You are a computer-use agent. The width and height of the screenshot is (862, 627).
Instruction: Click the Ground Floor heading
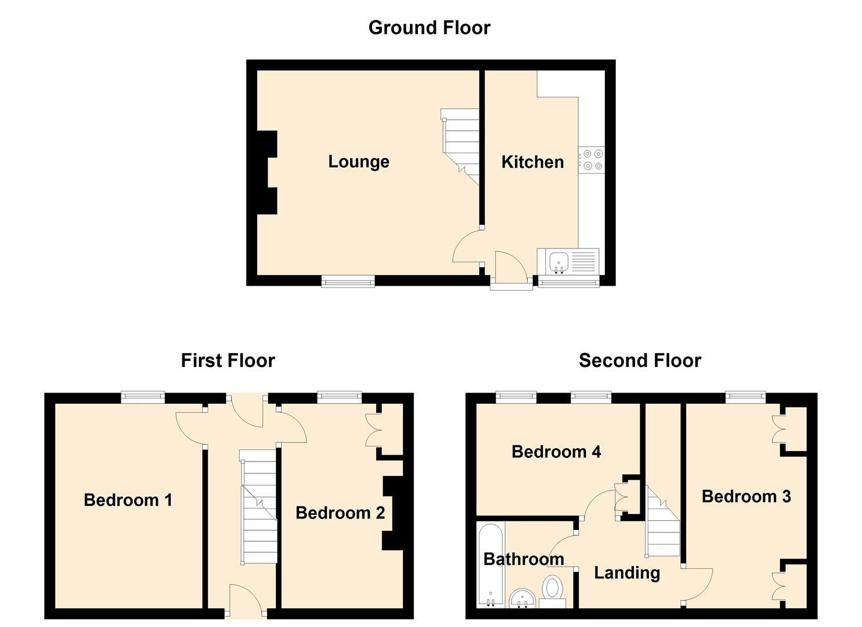coord(429,28)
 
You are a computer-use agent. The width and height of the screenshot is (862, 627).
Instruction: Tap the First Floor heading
coord(228,361)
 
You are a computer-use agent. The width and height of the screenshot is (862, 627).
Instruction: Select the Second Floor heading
coord(640,361)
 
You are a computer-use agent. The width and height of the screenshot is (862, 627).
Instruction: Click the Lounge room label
coord(358,161)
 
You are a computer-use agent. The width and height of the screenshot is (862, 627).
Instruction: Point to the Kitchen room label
coord(532,162)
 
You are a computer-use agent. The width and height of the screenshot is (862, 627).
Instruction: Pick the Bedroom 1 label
coord(128,500)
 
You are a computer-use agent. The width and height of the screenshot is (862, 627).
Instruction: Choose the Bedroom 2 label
coord(340,513)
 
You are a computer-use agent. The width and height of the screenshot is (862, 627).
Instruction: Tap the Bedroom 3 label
coord(746,496)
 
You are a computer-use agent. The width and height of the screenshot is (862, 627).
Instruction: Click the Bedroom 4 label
coord(556,452)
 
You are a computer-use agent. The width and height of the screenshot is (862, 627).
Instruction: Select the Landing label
coord(627,573)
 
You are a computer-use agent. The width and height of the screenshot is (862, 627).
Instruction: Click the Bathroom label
coord(524,559)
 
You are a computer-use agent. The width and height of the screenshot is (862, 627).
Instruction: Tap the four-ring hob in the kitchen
coord(592,160)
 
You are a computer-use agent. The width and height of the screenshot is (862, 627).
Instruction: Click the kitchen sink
coord(560,261)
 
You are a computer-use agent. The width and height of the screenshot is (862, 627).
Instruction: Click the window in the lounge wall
coord(348,282)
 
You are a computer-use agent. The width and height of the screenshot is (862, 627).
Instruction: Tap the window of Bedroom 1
coord(143,397)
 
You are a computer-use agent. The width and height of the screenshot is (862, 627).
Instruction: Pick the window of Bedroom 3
coord(745,397)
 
